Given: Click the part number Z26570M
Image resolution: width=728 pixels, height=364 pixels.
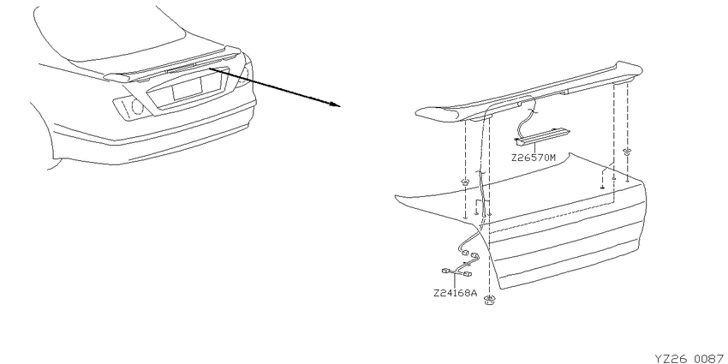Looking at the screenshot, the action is click(x=534, y=158).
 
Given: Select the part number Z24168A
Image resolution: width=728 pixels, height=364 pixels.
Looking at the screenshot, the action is click(x=455, y=293).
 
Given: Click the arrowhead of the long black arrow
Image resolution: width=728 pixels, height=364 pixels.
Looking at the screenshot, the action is click(x=335, y=104).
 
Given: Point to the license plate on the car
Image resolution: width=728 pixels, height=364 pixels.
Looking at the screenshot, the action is click(x=187, y=87).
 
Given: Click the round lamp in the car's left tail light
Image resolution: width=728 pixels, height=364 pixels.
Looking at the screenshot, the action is click(x=137, y=107).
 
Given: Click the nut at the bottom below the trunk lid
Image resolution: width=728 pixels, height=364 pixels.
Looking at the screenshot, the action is click(x=488, y=300).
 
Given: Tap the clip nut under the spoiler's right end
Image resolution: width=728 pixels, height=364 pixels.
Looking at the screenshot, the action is click(x=627, y=151).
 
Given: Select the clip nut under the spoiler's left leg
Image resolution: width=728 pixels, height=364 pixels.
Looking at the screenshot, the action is click(x=465, y=181).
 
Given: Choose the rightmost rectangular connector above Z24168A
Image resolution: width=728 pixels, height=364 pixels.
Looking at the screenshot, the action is click(x=468, y=274).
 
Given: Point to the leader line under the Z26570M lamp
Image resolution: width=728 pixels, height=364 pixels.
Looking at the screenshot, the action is click(x=534, y=148).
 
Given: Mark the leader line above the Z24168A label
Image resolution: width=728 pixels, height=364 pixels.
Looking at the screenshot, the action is click(x=455, y=280).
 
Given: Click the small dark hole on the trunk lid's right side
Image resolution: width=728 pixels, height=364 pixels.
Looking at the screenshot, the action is click(x=602, y=187).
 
